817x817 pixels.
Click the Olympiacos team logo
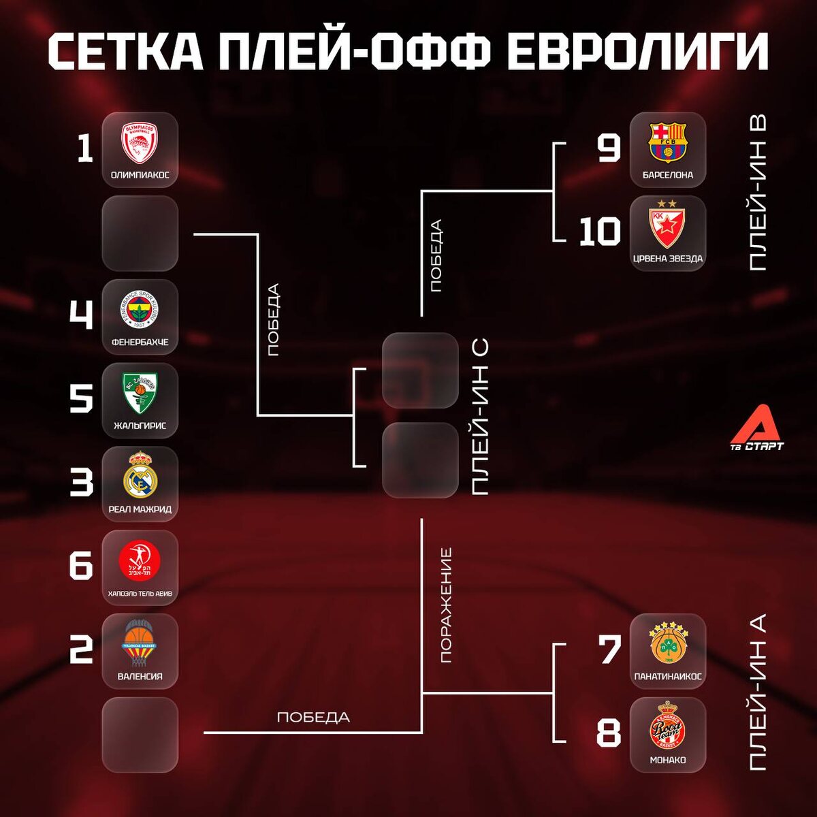pos(140,143)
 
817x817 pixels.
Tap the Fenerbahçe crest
pos(140,310)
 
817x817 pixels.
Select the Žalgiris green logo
pos(140,394)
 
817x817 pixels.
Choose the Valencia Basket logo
pos(140,643)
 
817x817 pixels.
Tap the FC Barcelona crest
pos(668,142)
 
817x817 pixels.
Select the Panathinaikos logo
pos(668,643)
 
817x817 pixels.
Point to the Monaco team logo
pos(668,727)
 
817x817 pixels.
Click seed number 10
pos(600,232)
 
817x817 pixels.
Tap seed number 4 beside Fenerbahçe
pos(82,315)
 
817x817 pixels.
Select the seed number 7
pos(609,650)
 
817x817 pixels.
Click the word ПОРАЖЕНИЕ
pos(446,605)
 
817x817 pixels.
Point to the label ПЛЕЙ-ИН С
pos(480,417)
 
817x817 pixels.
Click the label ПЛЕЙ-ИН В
pos(757,193)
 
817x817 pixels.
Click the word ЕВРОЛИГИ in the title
pos(639,51)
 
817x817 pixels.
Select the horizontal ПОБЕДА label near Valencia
pos(313,717)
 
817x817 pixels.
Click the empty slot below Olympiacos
pos(140,234)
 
